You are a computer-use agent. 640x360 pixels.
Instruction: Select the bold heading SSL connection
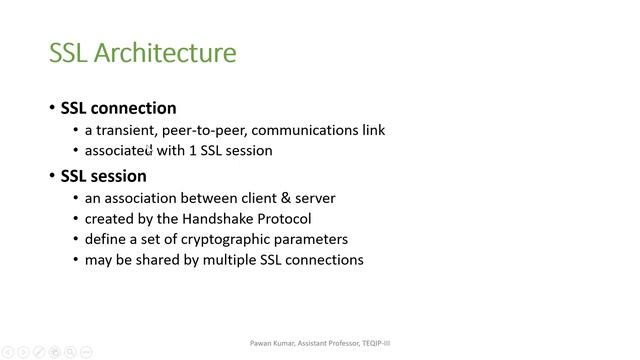click(118, 108)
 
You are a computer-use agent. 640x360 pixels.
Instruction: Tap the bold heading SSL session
click(104, 176)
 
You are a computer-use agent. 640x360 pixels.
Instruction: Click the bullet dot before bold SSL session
click(53, 177)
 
